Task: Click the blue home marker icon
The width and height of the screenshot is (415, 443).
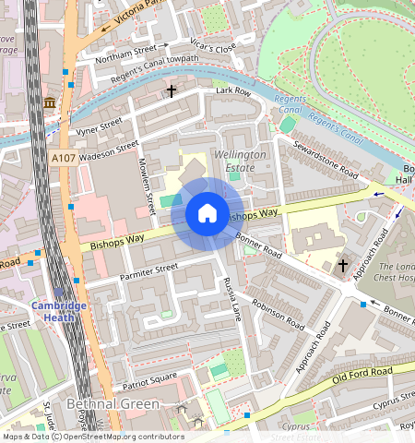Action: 207,214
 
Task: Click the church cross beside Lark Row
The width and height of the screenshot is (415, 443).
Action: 171,91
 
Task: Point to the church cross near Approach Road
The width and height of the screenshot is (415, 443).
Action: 343,266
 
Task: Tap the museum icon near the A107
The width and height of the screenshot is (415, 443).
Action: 49,102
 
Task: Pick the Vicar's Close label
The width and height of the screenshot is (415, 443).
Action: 214,46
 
